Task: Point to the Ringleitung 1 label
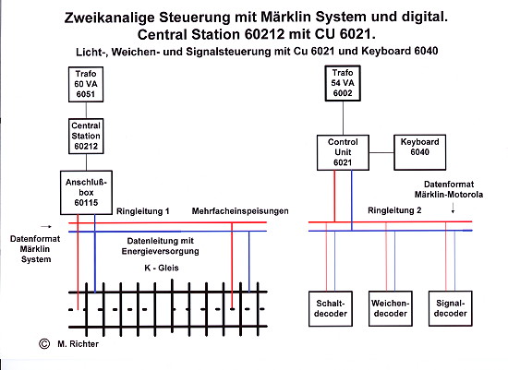click(143, 211)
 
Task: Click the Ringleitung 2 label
click(394, 210)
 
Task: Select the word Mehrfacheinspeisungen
click(240, 211)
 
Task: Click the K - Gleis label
click(162, 268)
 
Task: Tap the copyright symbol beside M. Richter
click(44, 344)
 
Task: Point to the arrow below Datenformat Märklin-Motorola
click(453, 209)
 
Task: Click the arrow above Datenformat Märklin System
click(45, 227)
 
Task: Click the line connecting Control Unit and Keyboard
click(381, 152)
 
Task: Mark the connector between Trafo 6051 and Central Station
click(86, 111)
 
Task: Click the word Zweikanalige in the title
click(109, 18)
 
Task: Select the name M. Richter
click(79, 344)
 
